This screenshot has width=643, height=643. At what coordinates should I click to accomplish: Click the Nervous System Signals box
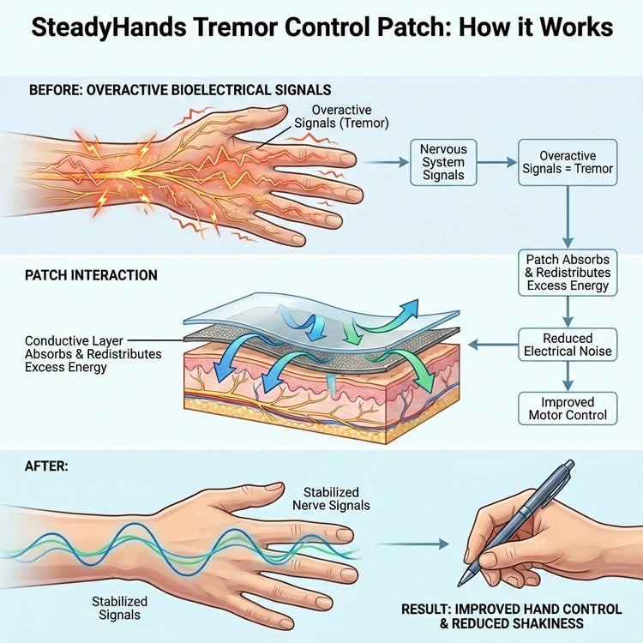click(443, 162)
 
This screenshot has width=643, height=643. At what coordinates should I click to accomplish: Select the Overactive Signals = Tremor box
click(567, 162)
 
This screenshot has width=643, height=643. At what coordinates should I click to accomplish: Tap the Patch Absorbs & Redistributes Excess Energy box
click(567, 272)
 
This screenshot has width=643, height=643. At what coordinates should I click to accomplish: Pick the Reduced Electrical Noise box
click(567, 345)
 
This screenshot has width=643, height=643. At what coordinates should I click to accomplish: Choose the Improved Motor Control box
click(567, 408)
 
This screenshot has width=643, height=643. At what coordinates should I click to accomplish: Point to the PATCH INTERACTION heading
click(91, 275)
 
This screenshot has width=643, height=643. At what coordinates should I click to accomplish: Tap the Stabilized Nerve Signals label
click(336, 499)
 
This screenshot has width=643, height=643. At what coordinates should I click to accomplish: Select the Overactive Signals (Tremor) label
click(350, 117)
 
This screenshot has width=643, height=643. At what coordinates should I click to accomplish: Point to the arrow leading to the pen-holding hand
click(415, 544)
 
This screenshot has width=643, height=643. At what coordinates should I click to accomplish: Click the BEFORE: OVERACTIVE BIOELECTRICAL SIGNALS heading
click(180, 89)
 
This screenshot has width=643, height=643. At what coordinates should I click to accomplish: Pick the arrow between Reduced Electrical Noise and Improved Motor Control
click(567, 376)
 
